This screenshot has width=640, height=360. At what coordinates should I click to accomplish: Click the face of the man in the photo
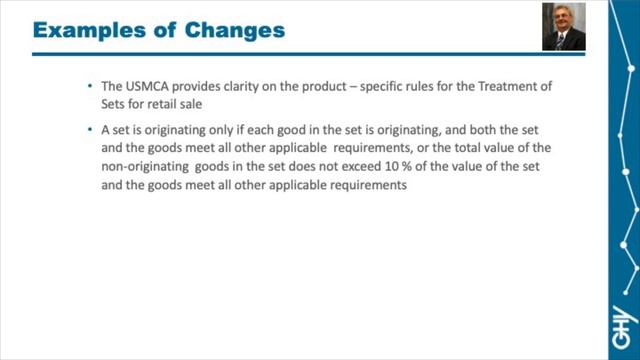(x=563, y=22)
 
